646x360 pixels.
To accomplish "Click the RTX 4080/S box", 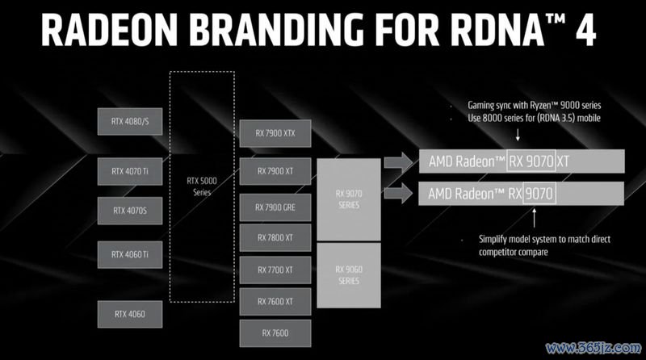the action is pos(130,122).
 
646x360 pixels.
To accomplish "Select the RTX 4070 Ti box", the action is pos(130,171).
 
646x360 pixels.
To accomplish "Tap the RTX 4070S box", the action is pos(130,211).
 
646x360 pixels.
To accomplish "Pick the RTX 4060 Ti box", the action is pos(130,254).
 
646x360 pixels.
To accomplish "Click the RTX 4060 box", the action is pos(130,314).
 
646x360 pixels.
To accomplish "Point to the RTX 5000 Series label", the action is pos(202,186).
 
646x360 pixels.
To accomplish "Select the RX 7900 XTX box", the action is pos(275,133).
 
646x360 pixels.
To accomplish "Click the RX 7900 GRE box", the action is pos(275,207).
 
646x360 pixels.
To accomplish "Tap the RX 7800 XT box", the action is pos(275,237).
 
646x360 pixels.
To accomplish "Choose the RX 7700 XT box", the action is pos(275,270).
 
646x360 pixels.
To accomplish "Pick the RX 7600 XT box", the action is pos(275,302).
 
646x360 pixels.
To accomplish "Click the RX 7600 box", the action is pos(275,333).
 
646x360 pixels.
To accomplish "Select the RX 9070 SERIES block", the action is pos(349,199).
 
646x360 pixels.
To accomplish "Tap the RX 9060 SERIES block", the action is pos(349,275).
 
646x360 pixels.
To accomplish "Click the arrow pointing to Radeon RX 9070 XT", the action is pos(398,162).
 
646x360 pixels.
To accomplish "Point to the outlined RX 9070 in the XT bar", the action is pos(531,161).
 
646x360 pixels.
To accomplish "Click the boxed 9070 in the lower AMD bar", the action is pos(539,193).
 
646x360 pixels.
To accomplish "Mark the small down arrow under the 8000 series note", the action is pos(518,135).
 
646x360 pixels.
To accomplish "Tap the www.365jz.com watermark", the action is pos(594,348).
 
